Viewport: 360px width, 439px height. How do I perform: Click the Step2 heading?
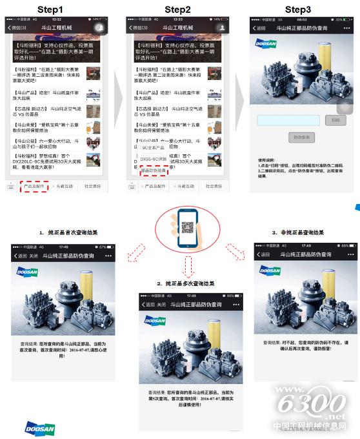click(177, 10)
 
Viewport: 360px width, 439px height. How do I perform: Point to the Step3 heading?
click(298, 10)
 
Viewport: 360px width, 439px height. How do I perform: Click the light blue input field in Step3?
click(288, 120)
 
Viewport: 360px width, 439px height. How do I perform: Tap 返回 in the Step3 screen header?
click(260, 28)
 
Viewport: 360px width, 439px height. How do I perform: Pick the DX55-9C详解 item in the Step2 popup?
click(154, 158)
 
